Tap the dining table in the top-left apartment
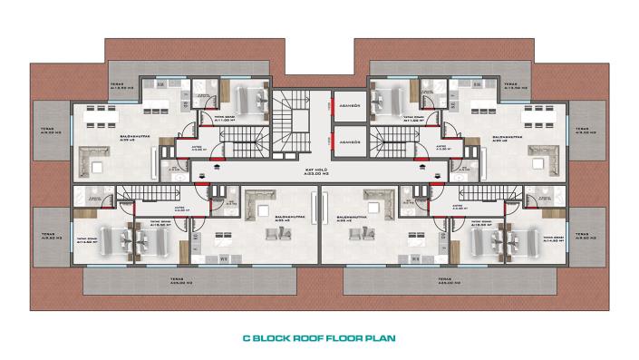[x=102, y=115]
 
